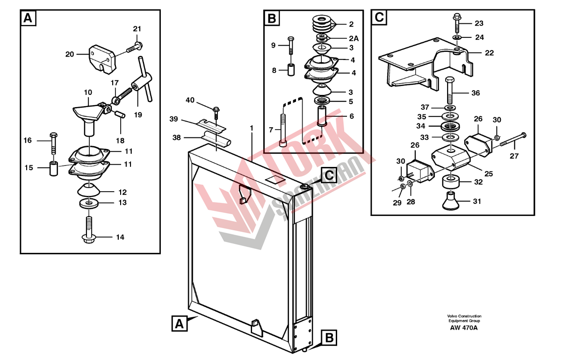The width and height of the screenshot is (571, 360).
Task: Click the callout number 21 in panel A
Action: click(x=137, y=29)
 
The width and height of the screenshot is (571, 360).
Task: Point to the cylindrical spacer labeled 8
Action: click(x=291, y=71)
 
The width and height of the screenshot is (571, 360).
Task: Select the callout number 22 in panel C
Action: click(x=489, y=53)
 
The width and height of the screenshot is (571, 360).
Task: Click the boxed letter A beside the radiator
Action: click(x=178, y=324)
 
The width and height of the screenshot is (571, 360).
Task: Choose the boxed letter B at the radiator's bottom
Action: click(x=329, y=338)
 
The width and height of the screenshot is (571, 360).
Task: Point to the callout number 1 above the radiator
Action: click(x=252, y=127)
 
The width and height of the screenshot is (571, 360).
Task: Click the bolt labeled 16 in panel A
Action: click(x=53, y=142)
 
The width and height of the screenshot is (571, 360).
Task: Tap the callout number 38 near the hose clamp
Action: click(x=176, y=138)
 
